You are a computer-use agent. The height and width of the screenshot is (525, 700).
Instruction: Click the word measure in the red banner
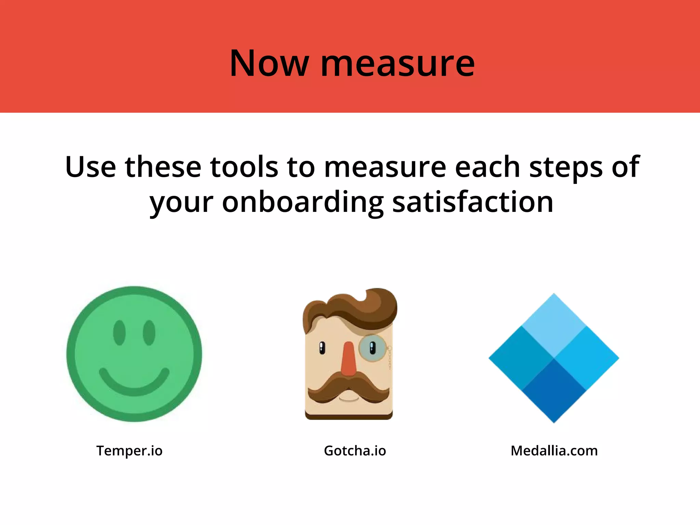click(398, 64)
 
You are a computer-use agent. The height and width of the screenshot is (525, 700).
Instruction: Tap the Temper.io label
click(129, 451)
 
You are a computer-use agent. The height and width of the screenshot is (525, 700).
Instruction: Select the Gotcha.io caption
click(355, 451)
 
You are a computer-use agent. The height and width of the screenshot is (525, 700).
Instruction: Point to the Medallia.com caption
click(554, 451)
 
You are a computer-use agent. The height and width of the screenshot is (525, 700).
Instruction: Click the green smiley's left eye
click(119, 333)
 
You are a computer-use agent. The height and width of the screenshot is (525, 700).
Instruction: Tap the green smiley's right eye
click(149, 333)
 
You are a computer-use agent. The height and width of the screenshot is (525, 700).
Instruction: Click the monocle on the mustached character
click(372, 348)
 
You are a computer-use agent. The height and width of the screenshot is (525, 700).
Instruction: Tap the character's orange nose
click(348, 359)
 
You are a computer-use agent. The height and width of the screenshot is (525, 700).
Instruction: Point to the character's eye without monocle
click(322, 348)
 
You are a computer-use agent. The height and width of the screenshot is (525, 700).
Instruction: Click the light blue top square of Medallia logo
click(554, 325)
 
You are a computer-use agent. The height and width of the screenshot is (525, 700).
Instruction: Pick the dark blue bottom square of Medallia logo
click(554, 390)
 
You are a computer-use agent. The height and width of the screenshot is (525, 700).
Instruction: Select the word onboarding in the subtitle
click(302, 202)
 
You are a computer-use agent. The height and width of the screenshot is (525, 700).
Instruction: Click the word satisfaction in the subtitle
click(473, 202)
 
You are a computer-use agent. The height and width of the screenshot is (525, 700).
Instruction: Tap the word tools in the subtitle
click(244, 167)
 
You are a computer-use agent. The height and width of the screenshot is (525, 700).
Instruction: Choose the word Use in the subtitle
click(90, 167)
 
